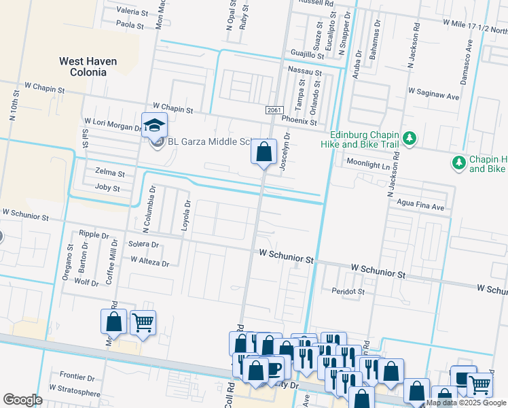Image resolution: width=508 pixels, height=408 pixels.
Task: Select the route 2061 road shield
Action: (274, 109)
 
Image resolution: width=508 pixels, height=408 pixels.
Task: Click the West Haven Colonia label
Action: (88, 66)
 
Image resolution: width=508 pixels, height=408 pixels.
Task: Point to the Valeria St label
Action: (132, 12)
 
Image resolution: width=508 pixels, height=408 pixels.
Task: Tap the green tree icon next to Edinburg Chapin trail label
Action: (409, 139)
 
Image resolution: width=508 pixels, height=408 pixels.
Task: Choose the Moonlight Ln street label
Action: (366, 165)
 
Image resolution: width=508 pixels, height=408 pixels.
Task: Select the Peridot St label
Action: (348, 291)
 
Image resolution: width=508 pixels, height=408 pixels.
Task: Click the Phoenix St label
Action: (300, 122)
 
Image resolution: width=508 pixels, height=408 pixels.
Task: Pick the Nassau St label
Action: (304, 71)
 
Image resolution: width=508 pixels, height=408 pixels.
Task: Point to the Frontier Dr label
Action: (77, 376)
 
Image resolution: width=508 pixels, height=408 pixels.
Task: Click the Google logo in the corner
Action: (22, 400)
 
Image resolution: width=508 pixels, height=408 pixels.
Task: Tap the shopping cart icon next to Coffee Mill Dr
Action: (142, 322)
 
